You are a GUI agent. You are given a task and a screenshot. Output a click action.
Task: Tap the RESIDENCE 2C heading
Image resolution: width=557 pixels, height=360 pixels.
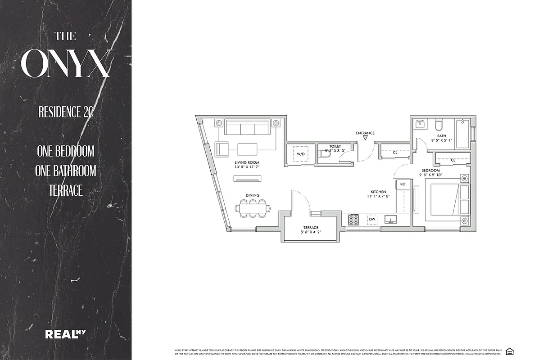(x=66, y=112)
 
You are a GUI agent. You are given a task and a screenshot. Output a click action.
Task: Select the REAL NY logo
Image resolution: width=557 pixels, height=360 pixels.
(x=66, y=334)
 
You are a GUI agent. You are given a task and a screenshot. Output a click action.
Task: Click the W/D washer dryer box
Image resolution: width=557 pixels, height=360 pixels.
(x=301, y=154)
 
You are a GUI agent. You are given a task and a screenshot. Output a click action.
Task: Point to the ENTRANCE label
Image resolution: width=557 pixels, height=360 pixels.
(x=365, y=133)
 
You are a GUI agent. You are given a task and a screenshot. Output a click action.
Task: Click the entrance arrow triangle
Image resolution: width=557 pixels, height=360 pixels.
(x=365, y=139)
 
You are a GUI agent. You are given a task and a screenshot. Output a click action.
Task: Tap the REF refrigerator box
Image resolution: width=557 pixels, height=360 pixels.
(x=403, y=184)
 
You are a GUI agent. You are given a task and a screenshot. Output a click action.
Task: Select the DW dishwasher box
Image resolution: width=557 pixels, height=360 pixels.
(x=372, y=220)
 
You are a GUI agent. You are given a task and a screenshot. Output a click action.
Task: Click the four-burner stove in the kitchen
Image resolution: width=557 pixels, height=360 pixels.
(x=353, y=220)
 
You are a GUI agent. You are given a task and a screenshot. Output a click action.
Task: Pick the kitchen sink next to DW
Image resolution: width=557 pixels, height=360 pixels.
(x=390, y=220)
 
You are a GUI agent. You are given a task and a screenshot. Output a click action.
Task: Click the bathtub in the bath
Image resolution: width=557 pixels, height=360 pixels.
(x=462, y=134)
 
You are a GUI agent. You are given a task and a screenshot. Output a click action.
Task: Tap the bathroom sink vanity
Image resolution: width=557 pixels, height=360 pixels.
(x=421, y=124)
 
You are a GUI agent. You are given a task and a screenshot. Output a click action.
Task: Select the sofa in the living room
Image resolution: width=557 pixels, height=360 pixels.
(x=247, y=128)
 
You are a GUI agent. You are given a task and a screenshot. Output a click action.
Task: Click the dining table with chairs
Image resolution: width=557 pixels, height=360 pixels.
(x=254, y=208)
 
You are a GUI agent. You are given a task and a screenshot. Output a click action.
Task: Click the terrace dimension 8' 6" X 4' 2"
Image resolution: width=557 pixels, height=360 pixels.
(x=310, y=232)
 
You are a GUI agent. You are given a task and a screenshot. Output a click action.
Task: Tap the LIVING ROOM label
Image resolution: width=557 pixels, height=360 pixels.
(x=247, y=162)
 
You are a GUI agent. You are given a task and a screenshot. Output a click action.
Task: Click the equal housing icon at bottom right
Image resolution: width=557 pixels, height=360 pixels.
(x=509, y=351)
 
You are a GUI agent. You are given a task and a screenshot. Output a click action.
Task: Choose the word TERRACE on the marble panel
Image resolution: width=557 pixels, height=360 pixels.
(x=66, y=190)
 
